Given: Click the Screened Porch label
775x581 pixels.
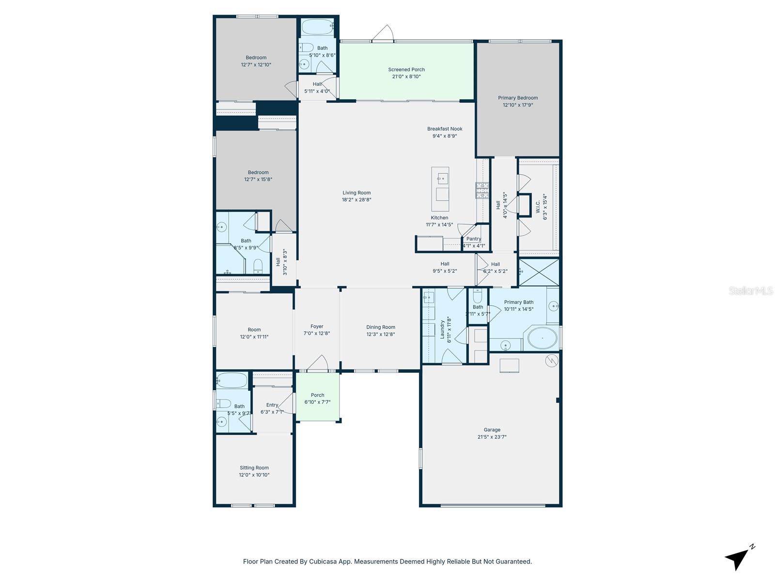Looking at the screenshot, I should [406, 70].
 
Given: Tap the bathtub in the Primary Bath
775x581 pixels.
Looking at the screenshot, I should [542, 338].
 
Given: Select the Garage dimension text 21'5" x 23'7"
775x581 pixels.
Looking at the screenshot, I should [492, 437].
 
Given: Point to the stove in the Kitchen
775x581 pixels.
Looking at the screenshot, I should [482, 190].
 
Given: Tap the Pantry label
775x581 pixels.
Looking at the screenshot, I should [473, 239].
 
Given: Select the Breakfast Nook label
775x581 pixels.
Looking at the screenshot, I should [445, 129].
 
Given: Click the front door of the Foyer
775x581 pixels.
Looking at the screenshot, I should [318, 364].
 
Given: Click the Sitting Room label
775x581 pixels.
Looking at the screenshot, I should [254, 468].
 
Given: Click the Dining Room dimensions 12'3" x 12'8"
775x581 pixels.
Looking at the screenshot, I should [380, 334].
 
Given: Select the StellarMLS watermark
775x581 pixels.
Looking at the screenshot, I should [750, 291].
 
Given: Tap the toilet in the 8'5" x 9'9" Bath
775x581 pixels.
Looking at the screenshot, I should [258, 265].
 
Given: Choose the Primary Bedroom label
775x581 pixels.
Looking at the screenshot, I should [518, 98].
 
